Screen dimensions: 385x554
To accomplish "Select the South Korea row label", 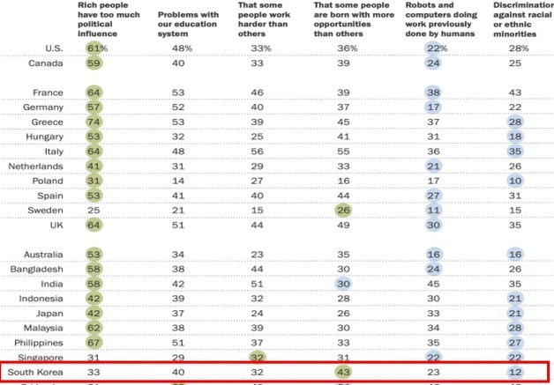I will (x=34, y=372).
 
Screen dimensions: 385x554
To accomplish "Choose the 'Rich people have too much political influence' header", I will (x=111, y=18).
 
